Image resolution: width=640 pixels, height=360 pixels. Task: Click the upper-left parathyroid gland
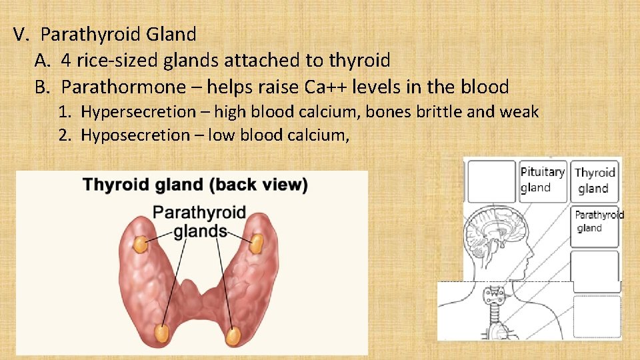(x=140, y=245)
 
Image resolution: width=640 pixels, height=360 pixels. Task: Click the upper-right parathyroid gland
(x=256, y=245)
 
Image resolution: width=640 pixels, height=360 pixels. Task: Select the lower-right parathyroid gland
(x=233, y=336)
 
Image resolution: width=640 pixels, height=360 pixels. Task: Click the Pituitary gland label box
(x=542, y=180)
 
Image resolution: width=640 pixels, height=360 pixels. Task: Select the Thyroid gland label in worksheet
(x=595, y=181)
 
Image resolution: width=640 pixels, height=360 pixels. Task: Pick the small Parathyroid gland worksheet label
(x=597, y=221)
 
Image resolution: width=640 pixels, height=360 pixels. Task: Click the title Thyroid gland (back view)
(x=195, y=185)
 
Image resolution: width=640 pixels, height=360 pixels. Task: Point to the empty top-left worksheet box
(x=491, y=181)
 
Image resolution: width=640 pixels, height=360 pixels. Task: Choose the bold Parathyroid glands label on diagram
(x=199, y=222)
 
